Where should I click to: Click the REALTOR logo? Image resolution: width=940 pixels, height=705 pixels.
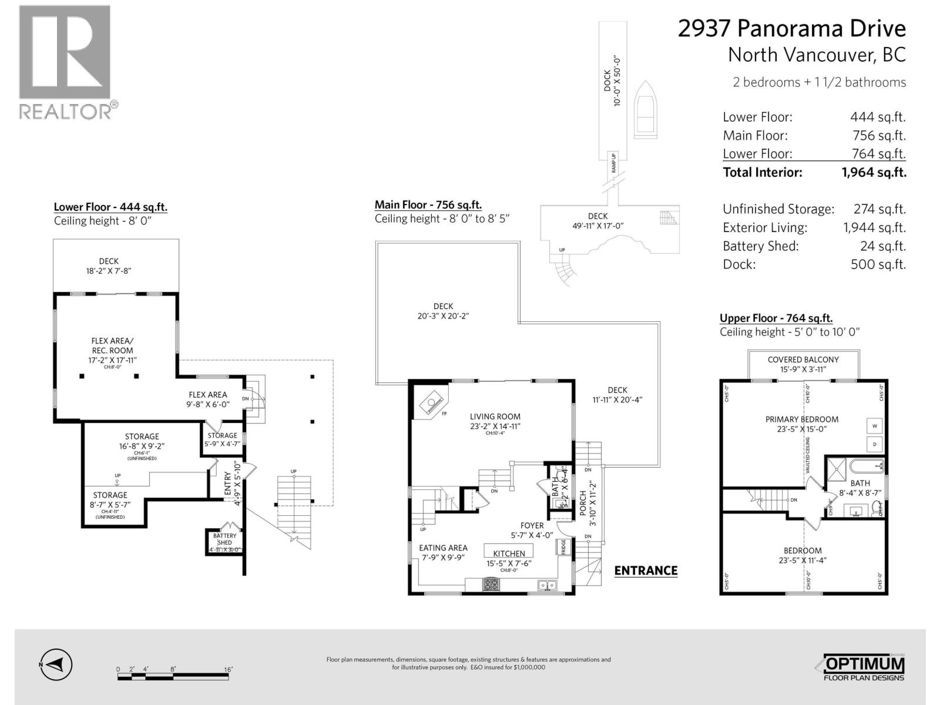click(x=65, y=62)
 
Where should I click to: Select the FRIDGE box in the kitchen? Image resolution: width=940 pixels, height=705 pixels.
click(x=562, y=547)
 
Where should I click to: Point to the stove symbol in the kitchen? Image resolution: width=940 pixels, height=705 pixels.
click(x=491, y=585)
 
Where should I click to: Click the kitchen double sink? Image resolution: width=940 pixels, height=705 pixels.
click(x=547, y=585)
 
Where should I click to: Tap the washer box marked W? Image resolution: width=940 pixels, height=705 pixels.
click(x=874, y=426)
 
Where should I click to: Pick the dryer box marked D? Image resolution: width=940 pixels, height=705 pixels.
click(x=874, y=444)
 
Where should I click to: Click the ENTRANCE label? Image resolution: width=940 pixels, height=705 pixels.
click(x=646, y=570)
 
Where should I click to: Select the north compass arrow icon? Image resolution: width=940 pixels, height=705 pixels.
click(x=56, y=665)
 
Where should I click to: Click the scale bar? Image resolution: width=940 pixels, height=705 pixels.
click(x=175, y=677)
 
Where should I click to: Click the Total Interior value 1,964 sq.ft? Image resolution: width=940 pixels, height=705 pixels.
click(x=874, y=172)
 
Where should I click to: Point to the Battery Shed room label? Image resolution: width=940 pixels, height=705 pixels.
click(x=224, y=539)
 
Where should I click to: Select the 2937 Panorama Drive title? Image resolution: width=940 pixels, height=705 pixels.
click(x=791, y=28)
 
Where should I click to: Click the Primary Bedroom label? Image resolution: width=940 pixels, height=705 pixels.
click(x=801, y=419)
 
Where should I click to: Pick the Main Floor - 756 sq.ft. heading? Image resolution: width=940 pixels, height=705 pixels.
click(x=428, y=205)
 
